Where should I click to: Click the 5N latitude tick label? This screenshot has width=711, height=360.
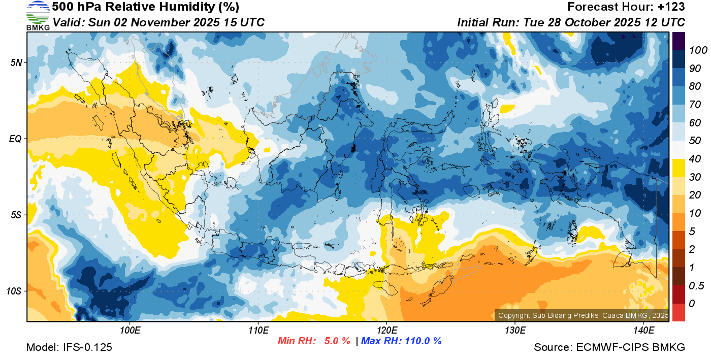point(16,62)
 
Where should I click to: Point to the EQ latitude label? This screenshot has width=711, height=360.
point(15,139)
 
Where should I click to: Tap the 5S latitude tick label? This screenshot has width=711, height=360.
point(16,215)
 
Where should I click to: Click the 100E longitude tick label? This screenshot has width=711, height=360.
point(130,331)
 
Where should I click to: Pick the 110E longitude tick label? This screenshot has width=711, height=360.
point(258,331)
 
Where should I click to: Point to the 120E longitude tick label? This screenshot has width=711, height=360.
point(386,331)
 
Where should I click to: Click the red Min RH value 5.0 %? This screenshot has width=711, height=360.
point(337,341)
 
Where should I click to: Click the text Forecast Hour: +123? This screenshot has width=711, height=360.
point(626,7)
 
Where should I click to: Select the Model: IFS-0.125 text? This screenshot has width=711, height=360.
point(69,347)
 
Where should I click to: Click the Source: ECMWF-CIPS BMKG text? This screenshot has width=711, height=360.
point(609,347)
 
